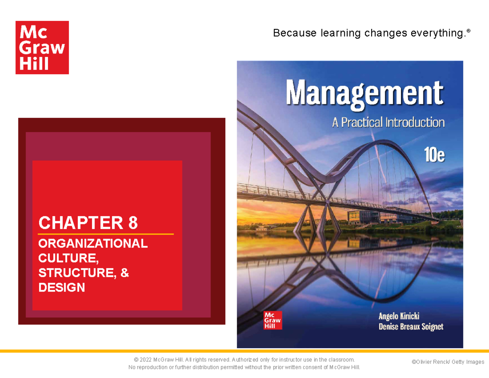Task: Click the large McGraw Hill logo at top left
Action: (x=42, y=47)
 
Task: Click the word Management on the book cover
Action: (x=364, y=94)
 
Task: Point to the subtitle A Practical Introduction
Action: (x=388, y=122)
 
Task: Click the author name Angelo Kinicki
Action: (x=399, y=316)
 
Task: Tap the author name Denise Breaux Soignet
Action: (x=411, y=327)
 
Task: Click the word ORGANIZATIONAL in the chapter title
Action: (x=93, y=244)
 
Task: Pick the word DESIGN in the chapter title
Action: (x=62, y=288)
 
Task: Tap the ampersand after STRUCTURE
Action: (x=125, y=273)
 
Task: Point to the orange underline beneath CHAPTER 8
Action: (x=106, y=234)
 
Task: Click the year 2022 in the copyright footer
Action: (x=146, y=360)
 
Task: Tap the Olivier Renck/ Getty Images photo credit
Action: (x=447, y=362)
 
